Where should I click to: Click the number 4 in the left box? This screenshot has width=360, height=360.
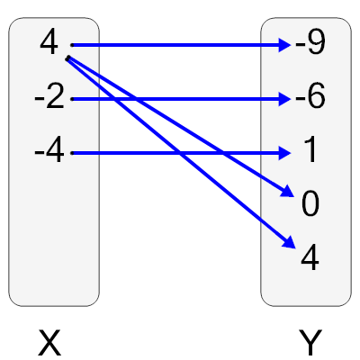click(x=49, y=42)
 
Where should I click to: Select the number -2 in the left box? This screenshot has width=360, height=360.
click(x=49, y=97)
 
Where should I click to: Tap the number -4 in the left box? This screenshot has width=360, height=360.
click(x=49, y=152)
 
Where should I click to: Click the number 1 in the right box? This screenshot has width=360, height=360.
click(x=310, y=152)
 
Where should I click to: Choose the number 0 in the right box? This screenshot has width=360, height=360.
click(x=310, y=205)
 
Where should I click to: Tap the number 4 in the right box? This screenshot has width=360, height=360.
click(x=310, y=259)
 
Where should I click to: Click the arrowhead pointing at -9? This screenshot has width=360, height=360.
click(x=285, y=43)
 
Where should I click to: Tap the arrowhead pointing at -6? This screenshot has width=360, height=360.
click(x=285, y=98)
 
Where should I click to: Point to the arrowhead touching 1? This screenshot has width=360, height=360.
click(x=285, y=153)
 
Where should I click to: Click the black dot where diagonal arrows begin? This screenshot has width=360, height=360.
click(x=67, y=58)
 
